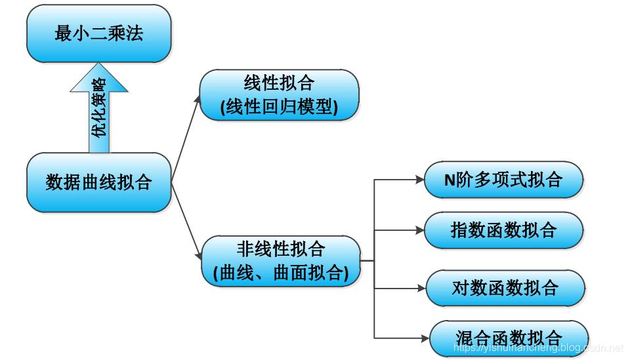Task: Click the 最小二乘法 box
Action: [98, 33]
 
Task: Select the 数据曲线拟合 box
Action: [98, 182]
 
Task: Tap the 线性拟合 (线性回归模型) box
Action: [280, 95]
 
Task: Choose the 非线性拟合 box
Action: [281, 260]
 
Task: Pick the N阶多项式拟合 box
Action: [503, 179]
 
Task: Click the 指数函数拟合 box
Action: [503, 230]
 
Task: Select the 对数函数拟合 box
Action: [505, 287]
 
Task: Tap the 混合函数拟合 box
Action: [509, 338]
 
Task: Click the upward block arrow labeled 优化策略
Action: [99, 108]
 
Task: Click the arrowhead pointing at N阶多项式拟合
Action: [420, 179]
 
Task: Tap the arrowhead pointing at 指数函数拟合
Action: [420, 230]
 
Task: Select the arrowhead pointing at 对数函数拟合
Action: [421, 287]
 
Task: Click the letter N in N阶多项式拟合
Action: [450, 179]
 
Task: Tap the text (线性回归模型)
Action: [280, 107]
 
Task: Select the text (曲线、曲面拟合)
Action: [281, 272]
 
